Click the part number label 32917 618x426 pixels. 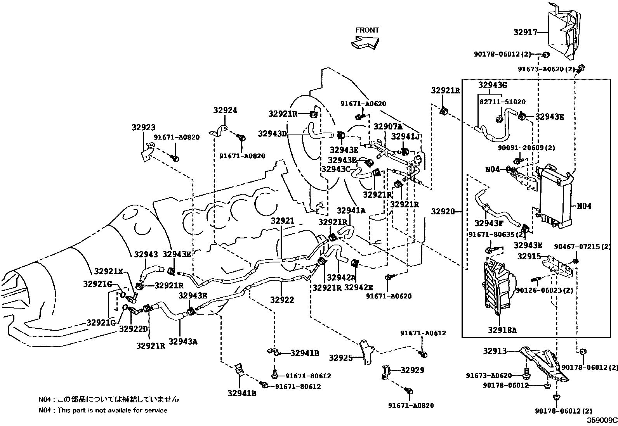[525, 33]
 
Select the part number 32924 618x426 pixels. [225, 110]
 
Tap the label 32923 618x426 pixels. [143, 127]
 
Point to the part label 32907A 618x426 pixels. [388, 127]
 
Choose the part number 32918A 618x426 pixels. [502, 330]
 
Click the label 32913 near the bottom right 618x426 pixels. [495, 351]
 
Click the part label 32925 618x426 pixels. [341, 357]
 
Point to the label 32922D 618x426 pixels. [133, 329]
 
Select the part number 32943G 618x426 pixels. [493, 85]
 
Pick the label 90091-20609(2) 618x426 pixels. [526, 148]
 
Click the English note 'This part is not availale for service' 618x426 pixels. [112, 410]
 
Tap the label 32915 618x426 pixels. [529, 257]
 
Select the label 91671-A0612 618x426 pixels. [424, 333]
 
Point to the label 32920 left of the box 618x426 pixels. [443, 211]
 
